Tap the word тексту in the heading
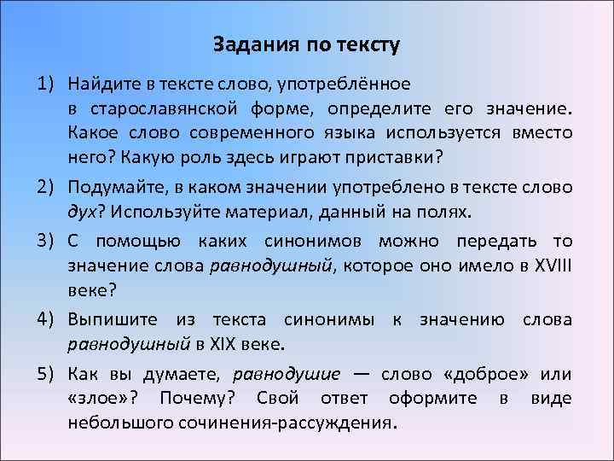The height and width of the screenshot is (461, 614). point(367,43)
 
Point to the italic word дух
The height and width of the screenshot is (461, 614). point(84,213)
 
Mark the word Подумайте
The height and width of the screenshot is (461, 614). point(113,187)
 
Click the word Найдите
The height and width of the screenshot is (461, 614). point(102,85)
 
